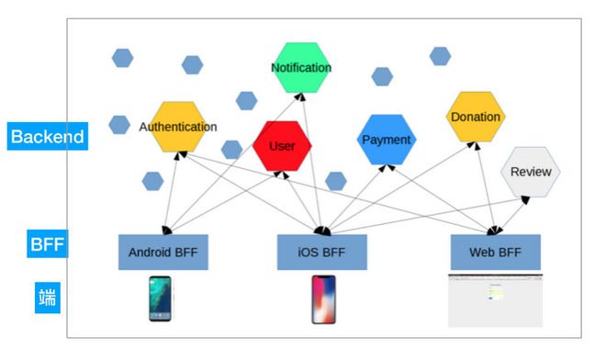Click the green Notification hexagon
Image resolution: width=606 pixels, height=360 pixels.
pyautogui.click(x=301, y=68)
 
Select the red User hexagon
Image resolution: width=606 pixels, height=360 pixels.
pyautogui.click(x=282, y=146)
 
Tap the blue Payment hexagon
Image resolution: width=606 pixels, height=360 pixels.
pyautogui.click(x=387, y=140)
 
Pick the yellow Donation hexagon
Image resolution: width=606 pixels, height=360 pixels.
pyautogui.click(x=476, y=117)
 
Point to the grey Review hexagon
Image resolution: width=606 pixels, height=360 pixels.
pyautogui.click(x=531, y=172)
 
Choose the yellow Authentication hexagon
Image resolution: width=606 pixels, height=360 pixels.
pyautogui.click(x=178, y=127)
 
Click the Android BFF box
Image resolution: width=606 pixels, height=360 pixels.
pyautogui.click(x=163, y=253)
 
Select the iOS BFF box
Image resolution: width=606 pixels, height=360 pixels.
pyautogui.click(x=322, y=253)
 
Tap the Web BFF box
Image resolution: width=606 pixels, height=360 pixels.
pyautogui.click(x=496, y=253)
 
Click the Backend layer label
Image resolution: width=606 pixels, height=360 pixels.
pyautogui.click(x=48, y=136)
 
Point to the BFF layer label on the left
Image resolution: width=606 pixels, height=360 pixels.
pyautogui.click(x=47, y=243)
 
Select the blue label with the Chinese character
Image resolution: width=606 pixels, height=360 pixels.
pyautogui.click(x=48, y=298)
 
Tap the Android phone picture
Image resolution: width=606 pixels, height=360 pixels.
pyautogui.click(x=160, y=298)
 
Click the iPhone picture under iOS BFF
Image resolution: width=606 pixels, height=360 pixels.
pyautogui.click(x=323, y=299)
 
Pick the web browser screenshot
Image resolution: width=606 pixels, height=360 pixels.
pyautogui.click(x=496, y=301)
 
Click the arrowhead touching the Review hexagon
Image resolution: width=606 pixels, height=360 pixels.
pyautogui.click(x=525, y=200)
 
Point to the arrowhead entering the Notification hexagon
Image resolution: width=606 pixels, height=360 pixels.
pyautogui.click(x=299, y=96)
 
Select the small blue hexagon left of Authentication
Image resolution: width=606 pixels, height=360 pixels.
pyautogui.click(x=119, y=125)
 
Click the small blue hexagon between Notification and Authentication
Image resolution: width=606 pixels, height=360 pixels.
pyautogui.click(x=247, y=101)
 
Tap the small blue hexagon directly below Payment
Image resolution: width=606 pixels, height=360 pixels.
pyautogui.click(x=336, y=181)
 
